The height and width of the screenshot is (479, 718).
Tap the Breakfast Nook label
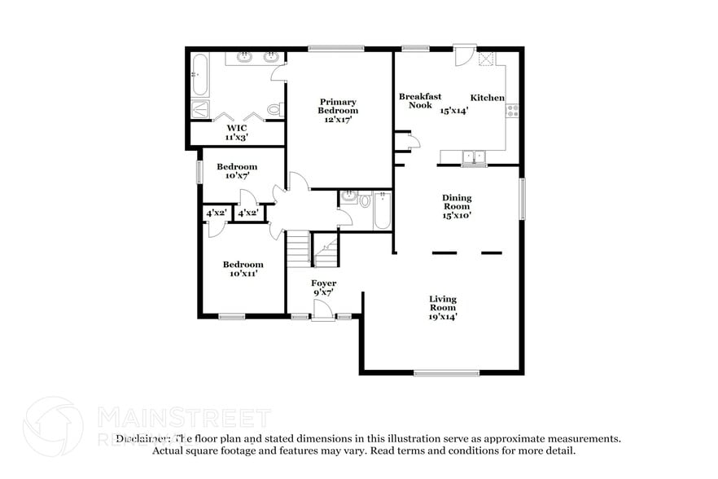click(414, 100)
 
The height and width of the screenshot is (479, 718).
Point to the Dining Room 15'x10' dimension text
click(457, 216)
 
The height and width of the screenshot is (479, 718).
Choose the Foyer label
click(324, 283)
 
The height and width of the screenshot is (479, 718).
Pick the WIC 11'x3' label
click(237, 132)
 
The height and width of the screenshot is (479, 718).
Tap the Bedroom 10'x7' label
click(237, 171)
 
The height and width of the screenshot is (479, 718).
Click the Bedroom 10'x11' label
click(243, 269)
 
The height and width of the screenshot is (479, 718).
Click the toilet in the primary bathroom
click(274, 109)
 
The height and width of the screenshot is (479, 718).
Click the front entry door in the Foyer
click(322, 310)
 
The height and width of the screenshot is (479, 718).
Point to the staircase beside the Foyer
click(299, 248)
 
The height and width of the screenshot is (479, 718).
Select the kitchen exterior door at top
click(462, 55)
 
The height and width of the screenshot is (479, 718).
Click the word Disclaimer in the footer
click(143, 438)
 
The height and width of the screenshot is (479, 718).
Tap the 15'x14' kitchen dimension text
click(454, 111)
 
